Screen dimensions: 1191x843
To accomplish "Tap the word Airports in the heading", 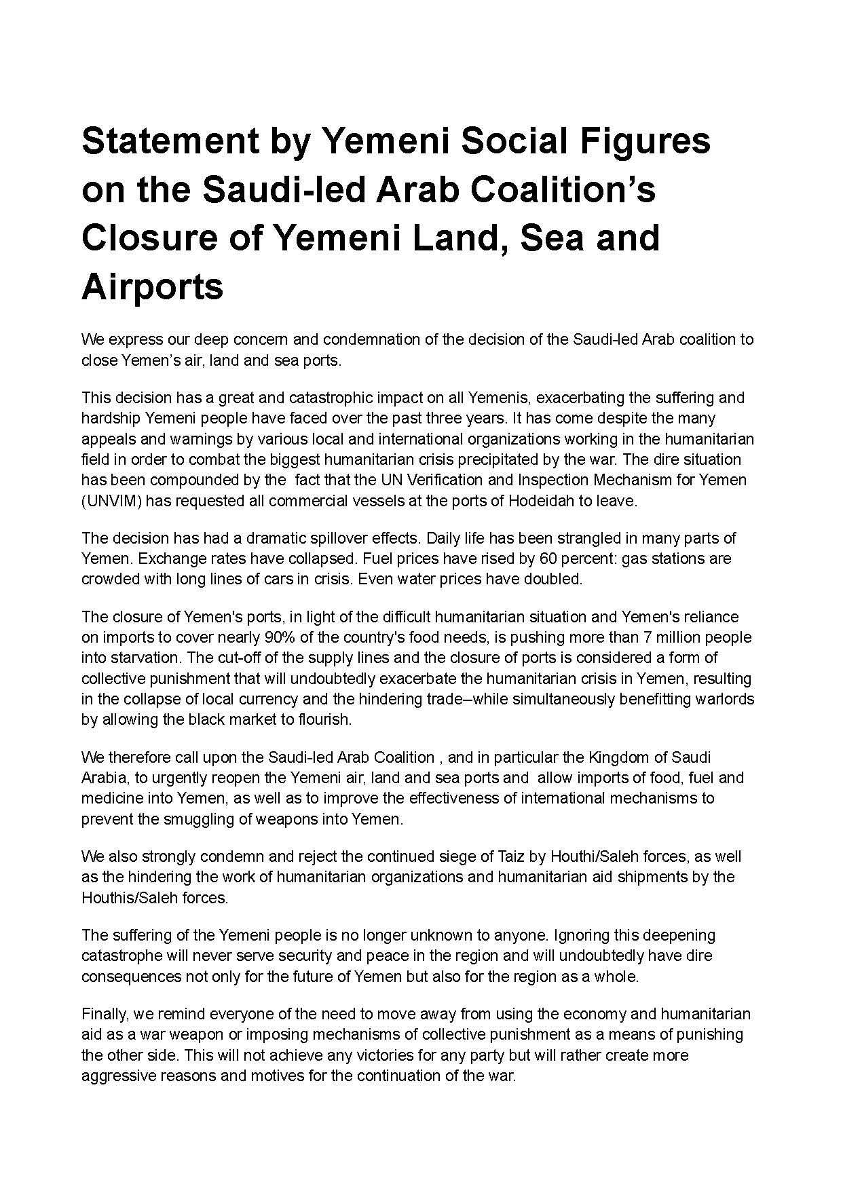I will pos(152,286).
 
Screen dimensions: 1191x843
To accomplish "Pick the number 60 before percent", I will pos(548,559).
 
